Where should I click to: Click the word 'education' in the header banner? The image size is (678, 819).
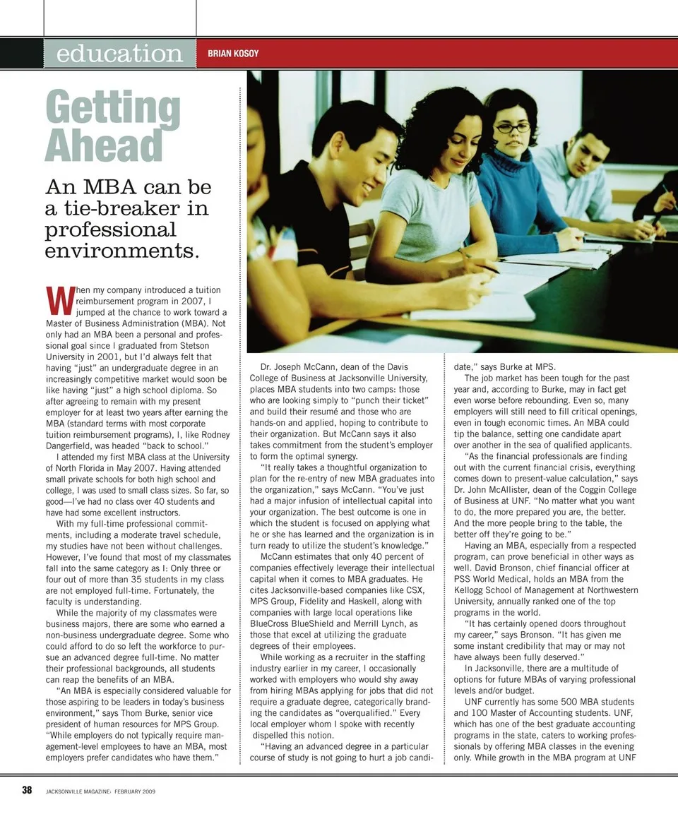tap(119, 54)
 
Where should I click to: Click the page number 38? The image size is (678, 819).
tap(27, 790)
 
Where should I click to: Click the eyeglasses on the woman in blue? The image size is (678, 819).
tap(512, 128)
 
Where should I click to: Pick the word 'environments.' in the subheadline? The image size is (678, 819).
tap(122, 250)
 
